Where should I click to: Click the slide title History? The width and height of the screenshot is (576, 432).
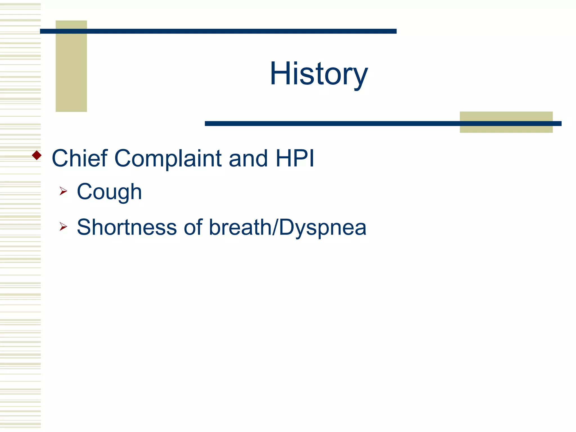point(319,74)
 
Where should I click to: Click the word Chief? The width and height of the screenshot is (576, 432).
point(80,158)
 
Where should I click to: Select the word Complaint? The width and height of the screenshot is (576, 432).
point(168,159)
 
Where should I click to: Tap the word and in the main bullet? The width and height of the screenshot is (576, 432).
point(248,158)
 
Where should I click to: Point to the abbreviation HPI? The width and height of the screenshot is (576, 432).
point(295,158)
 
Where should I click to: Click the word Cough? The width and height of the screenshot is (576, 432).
point(109,192)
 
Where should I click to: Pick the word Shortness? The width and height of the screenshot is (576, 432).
point(127,227)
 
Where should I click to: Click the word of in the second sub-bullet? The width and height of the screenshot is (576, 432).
point(193,227)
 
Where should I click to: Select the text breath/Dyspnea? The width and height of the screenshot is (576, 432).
point(287,228)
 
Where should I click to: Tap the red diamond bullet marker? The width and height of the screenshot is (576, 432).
point(37,155)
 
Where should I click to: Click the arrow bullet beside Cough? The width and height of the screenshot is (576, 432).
point(63,191)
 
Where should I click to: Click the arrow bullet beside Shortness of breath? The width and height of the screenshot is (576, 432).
point(63,226)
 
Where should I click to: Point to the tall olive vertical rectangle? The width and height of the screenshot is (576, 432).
point(71,70)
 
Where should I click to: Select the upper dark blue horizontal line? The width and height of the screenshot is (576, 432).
point(218,31)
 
